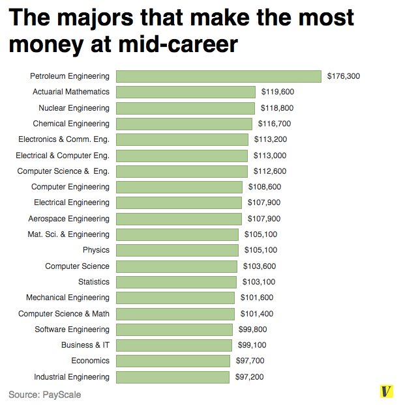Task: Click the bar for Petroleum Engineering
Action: [x=218, y=76]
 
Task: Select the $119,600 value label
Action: [x=277, y=92]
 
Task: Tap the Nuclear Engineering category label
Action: [x=74, y=107]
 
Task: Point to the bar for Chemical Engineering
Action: [x=184, y=124]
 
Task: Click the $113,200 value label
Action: [x=271, y=139]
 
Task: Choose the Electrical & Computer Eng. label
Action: [x=63, y=155]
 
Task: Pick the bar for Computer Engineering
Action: [x=180, y=187]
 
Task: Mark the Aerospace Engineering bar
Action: [x=179, y=219]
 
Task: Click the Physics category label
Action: [x=96, y=250]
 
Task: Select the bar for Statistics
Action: [x=177, y=282]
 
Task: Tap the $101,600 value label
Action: [x=257, y=298]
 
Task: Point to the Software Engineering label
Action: [x=72, y=329]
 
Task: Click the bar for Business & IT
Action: [x=174, y=345]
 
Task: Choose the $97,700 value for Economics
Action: [x=252, y=361]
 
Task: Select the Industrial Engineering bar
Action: [x=173, y=377]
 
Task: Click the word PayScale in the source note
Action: [x=62, y=394]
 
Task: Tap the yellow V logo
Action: [x=387, y=391]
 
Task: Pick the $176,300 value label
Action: [x=343, y=76]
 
